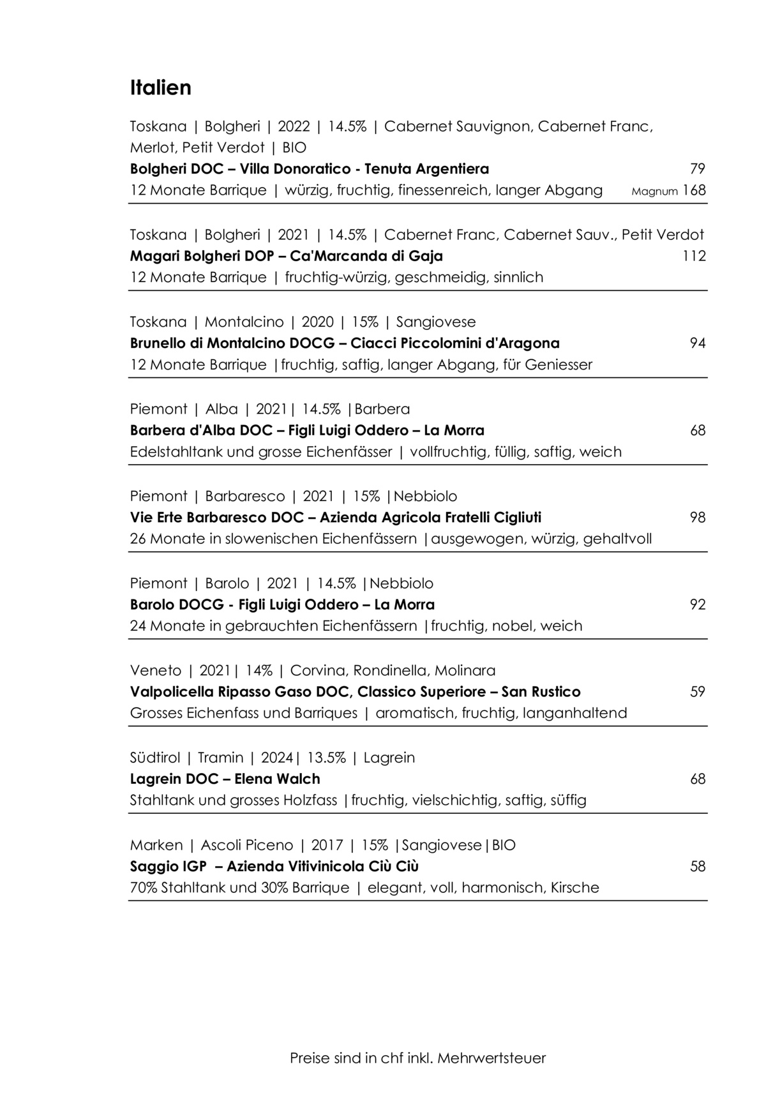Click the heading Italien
160,87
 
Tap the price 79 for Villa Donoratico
698,169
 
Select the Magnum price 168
694,190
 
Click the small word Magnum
654,191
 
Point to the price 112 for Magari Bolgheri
694,257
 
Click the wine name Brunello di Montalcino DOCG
232,343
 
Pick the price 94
698,343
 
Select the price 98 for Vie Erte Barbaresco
698,518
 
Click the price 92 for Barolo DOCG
698,604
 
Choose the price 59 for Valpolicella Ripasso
698,692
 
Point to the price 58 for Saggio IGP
698,866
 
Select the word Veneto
155,671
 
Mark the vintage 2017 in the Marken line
327,845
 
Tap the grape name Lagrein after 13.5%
389,758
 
